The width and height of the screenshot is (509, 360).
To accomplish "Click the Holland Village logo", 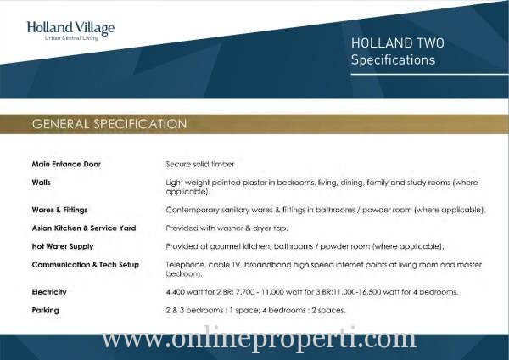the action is coord(70,31).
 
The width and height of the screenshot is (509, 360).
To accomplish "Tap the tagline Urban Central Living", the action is coord(71,38).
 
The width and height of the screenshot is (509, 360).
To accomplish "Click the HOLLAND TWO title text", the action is coord(398,43).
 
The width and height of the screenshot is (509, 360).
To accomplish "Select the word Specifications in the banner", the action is coord(393,59).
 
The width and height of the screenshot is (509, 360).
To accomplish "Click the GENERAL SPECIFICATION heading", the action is coord(109,124).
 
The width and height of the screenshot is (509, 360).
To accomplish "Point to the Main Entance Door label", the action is coord(66,164).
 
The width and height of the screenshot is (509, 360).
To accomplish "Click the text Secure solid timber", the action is coord(200,164).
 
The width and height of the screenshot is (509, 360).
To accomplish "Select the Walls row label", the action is coord(42,183).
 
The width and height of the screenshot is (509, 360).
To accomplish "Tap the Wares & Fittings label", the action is coord(59,210).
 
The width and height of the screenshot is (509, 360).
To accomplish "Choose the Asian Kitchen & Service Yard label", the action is coord(84,228).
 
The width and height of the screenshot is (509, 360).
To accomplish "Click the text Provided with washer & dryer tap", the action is coord(227,228).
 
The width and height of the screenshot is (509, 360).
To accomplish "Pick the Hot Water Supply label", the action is coord(63,246).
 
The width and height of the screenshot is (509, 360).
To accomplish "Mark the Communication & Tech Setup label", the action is coord(86,264).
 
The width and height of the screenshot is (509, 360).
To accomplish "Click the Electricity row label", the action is coord(49,292).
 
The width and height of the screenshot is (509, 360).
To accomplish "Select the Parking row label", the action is coord(46,310).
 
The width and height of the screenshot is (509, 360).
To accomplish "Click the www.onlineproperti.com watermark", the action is coord(259,340).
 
